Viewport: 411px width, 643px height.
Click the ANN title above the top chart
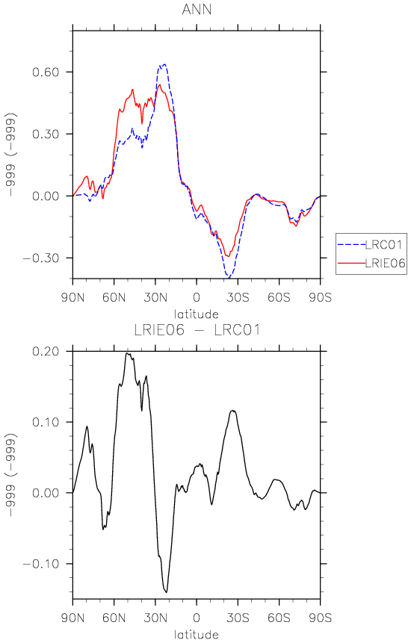[x=197, y=10]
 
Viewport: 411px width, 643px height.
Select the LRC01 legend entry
[x=371, y=244]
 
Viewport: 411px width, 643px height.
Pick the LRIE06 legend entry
[x=371, y=263]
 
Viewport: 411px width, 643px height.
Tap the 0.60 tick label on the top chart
[x=46, y=72]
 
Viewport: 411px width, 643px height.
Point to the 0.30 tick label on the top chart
[x=46, y=134]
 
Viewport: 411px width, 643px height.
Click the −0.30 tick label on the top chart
[x=40, y=258]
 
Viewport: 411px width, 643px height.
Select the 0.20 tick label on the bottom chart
[x=46, y=352]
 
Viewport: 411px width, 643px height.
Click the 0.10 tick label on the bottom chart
[x=46, y=423]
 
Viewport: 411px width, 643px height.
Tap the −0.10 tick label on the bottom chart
[x=40, y=564]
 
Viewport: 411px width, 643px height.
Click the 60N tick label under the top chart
[x=114, y=297]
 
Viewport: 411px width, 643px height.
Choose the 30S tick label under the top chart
[x=238, y=297]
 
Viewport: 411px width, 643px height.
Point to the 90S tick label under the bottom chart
[x=320, y=618]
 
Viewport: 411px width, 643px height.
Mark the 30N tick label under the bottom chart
[x=155, y=618]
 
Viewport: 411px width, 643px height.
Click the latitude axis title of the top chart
[x=197, y=314]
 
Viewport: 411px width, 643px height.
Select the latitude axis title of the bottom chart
[x=197, y=635]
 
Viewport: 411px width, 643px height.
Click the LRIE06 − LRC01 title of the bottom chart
[x=197, y=330]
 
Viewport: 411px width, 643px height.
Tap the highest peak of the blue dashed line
[x=164, y=64]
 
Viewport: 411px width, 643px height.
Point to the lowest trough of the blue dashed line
[x=229, y=278]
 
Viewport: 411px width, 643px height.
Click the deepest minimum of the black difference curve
[x=166, y=592]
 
